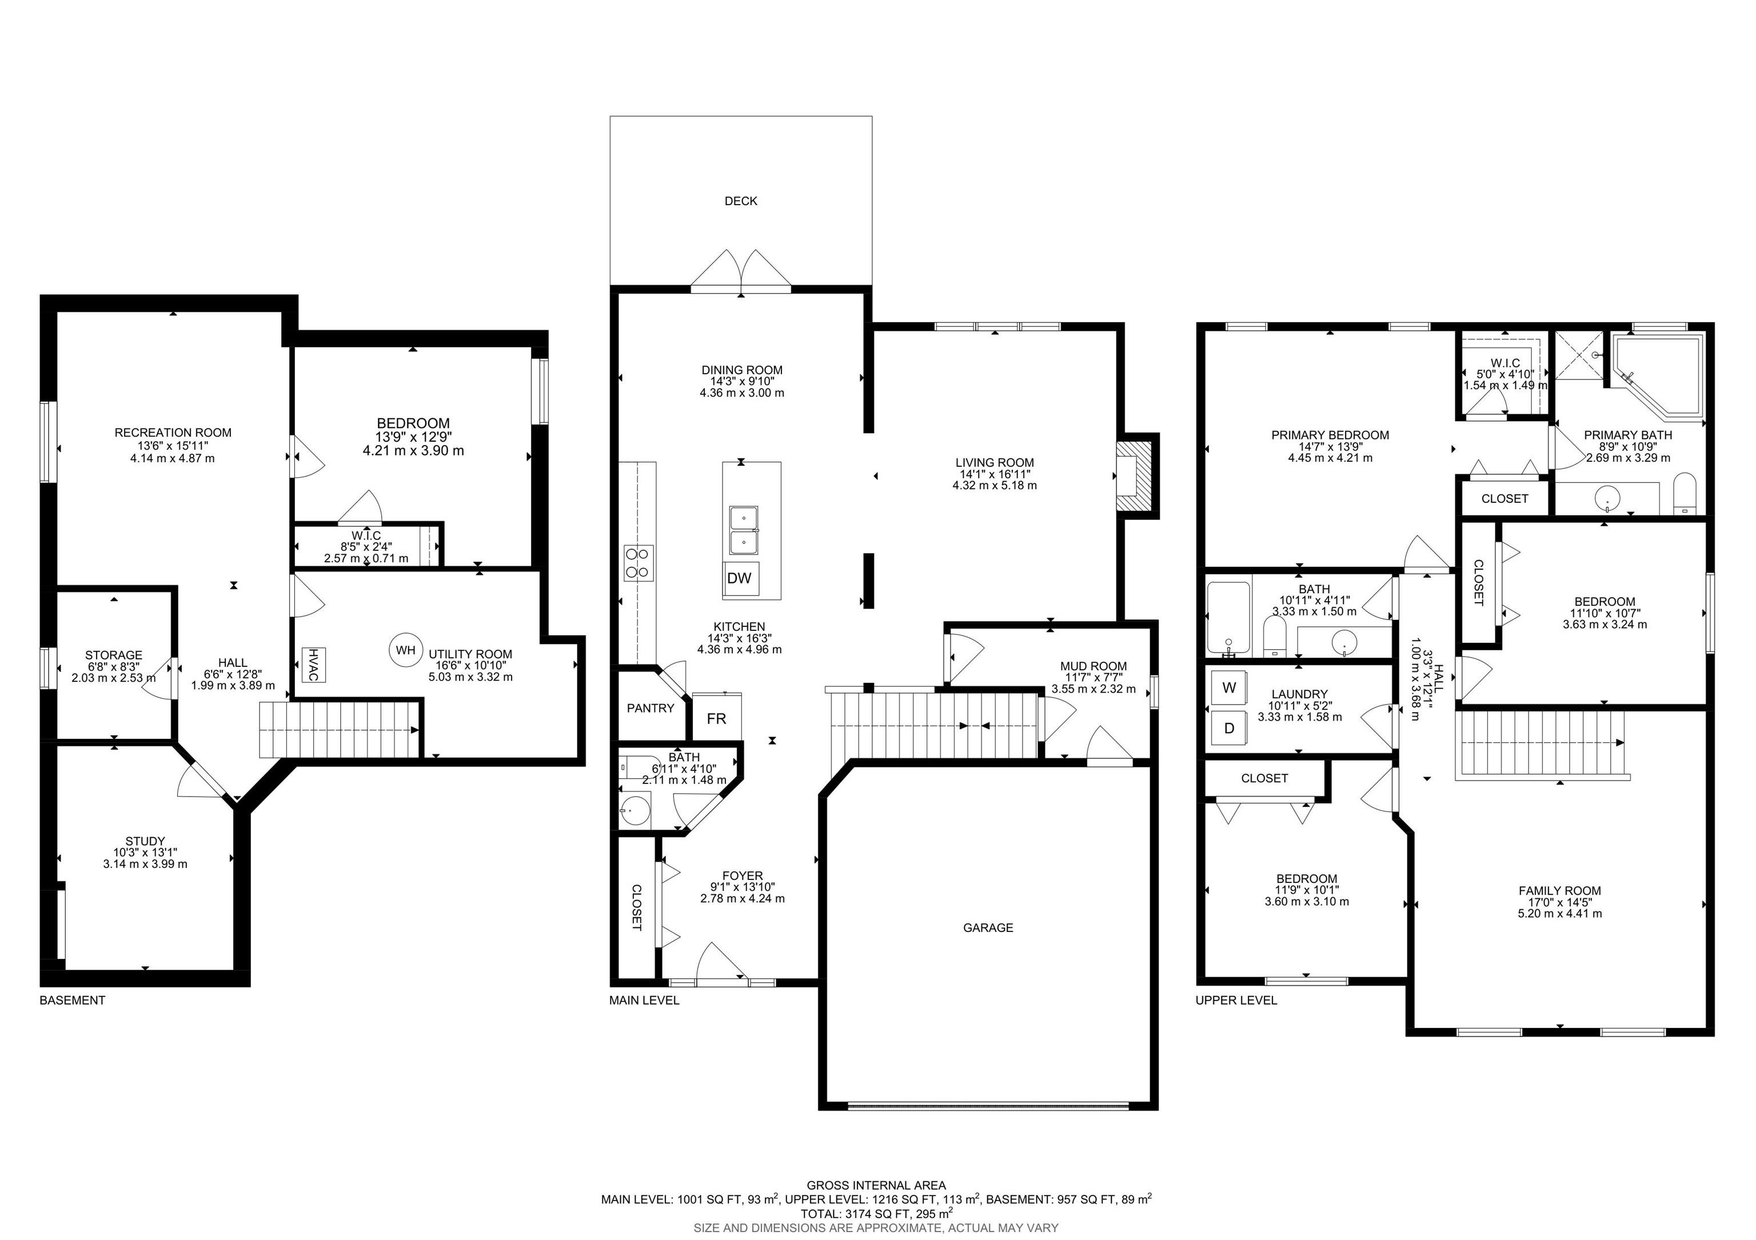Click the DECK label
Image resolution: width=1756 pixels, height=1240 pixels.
tap(740, 201)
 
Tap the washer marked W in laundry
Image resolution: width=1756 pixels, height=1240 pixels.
tap(1229, 687)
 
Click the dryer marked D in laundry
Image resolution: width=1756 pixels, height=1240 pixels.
tap(1229, 729)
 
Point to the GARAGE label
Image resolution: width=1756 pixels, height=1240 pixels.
tap(988, 928)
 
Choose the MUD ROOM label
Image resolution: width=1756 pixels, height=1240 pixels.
tap(1093, 666)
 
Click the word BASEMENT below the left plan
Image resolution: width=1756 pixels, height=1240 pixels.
tap(73, 1000)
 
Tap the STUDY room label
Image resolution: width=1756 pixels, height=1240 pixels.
tap(145, 841)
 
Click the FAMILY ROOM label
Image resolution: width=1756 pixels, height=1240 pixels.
tap(1559, 891)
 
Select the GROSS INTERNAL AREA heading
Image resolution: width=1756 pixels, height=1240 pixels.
tap(876, 1186)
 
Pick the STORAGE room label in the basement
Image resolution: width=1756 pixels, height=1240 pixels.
tap(114, 655)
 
